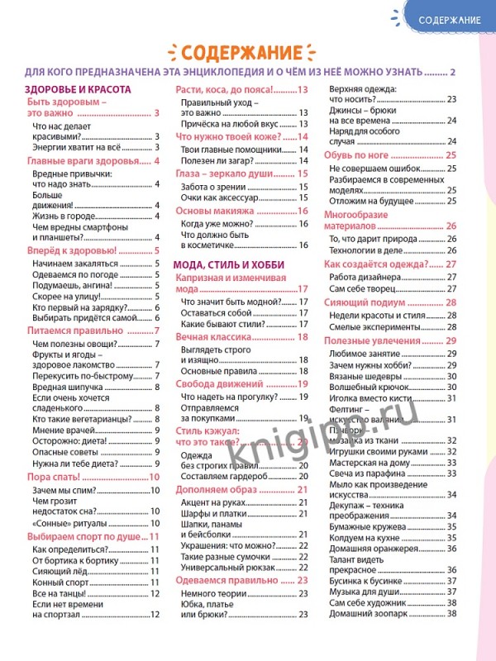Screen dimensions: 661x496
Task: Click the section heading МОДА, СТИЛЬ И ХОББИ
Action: (228, 264)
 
